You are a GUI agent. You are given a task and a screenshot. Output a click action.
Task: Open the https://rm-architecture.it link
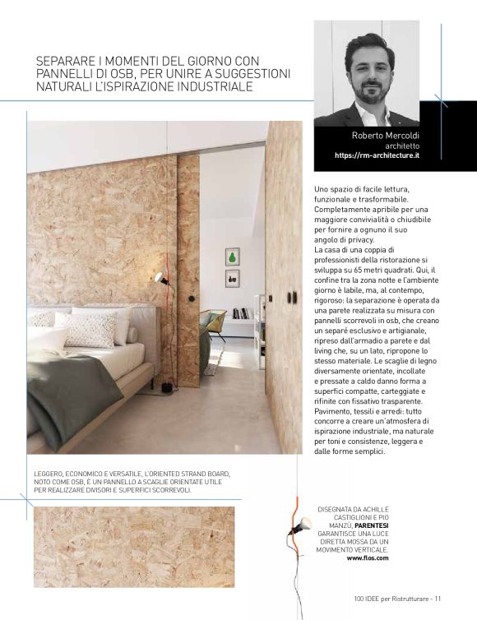coord(377,155)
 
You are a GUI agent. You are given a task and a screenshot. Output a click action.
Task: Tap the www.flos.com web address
coord(368,558)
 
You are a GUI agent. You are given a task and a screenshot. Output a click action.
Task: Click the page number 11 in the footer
coord(439,599)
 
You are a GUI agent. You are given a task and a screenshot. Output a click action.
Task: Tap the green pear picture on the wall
coord(232,257)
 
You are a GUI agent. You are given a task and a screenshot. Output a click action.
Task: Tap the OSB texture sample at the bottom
coord(134,546)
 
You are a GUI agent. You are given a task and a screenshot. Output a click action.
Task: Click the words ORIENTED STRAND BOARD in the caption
coord(193,474)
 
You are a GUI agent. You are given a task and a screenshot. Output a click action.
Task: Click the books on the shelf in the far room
coord(242,313)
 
